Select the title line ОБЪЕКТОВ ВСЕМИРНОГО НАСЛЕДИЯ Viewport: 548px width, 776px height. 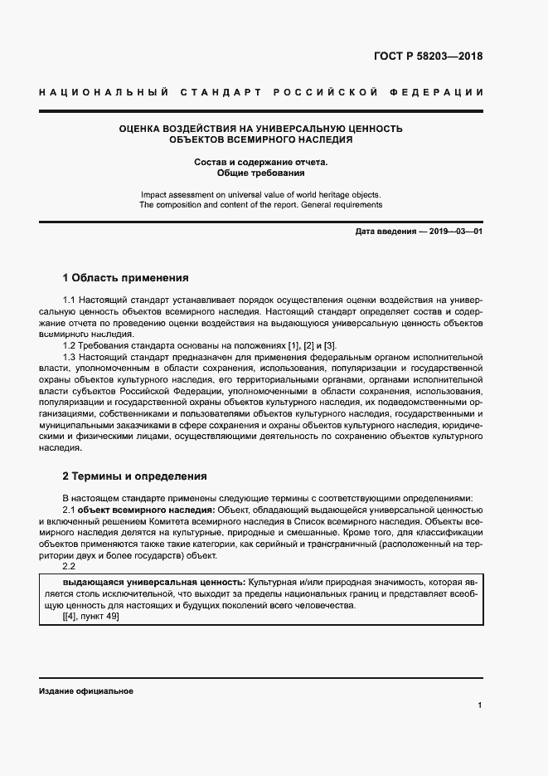click(x=260, y=140)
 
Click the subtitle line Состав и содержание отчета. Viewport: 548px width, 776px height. click(x=260, y=162)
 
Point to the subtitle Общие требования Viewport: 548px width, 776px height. click(x=260, y=174)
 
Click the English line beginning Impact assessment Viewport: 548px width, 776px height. click(x=260, y=193)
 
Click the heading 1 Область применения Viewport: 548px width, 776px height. click(x=126, y=277)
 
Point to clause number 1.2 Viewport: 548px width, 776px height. click(x=70, y=345)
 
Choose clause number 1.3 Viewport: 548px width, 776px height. click(x=70, y=357)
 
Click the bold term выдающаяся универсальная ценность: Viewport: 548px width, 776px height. click(x=148, y=583)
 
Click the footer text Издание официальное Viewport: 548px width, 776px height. click(x=85, y=691)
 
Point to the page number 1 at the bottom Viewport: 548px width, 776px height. click(x=479, y=705)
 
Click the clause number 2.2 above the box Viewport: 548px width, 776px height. click(x=70, y=567)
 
